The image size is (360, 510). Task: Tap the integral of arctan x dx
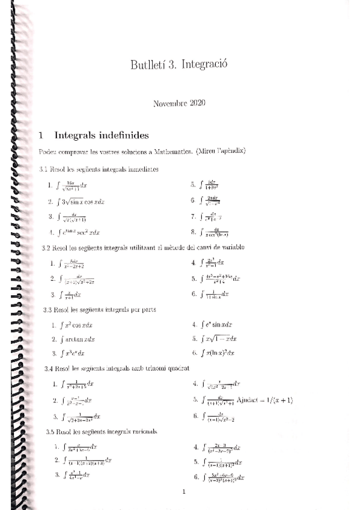coord(77,339)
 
